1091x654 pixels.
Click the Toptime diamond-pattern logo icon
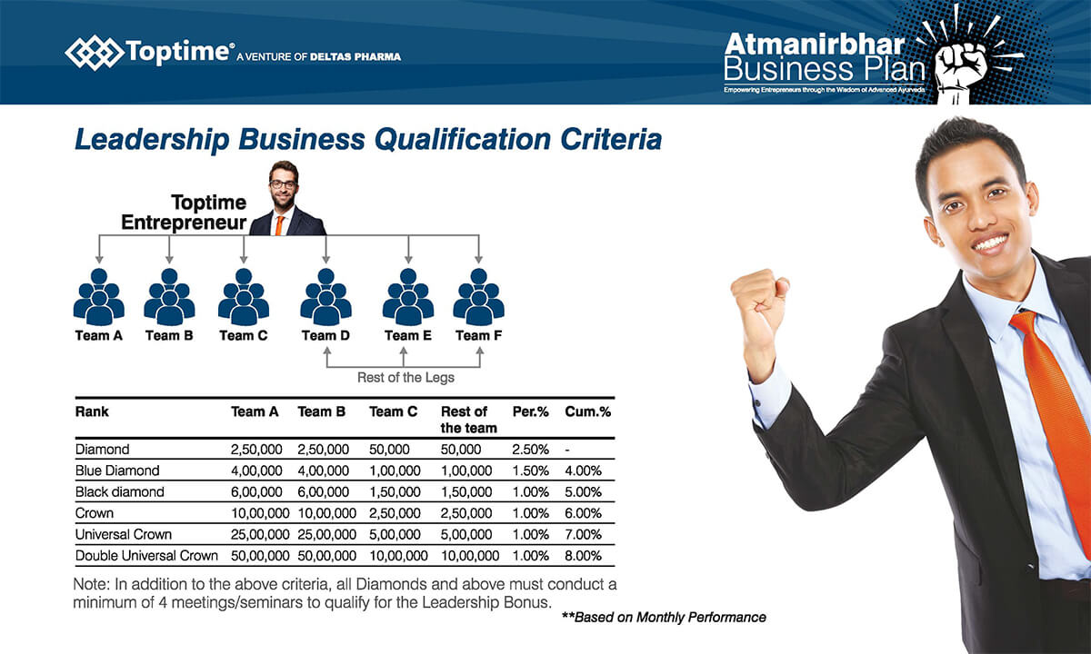click(94, 52)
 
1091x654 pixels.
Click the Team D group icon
click(325, 297)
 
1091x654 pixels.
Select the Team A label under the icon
click(99, 336)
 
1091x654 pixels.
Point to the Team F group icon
click(479, 297)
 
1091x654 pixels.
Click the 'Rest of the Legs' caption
click(405, 378)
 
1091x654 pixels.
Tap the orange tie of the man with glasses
click(279, 226)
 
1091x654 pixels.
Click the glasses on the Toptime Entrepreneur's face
click(283, 184)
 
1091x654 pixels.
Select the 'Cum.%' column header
click(588, 412)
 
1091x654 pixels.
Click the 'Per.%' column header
click(530, 412)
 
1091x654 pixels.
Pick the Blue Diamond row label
click(117, 471)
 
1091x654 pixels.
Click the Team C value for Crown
click(395, 513)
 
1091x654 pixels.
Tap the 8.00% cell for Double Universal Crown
click(583, 556)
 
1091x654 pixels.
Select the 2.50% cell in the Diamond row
click(530, 450)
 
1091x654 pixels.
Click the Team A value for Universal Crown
click(260, 535)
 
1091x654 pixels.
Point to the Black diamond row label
click(120, 492)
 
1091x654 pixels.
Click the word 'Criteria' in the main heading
click(611, 140)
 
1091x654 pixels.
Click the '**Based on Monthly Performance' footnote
click(664, 618)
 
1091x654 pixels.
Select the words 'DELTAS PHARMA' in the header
click(355, 57)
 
